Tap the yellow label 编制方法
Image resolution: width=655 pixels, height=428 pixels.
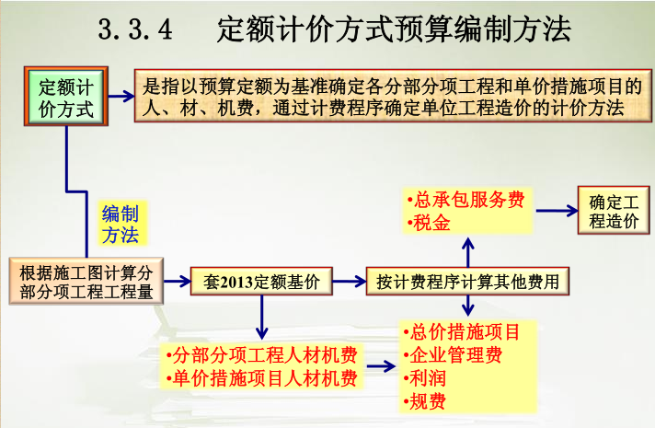pos(120,224)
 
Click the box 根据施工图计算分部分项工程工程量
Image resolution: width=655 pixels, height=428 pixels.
pos(86,282)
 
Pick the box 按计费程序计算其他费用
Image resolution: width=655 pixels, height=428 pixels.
pos(467,282)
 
